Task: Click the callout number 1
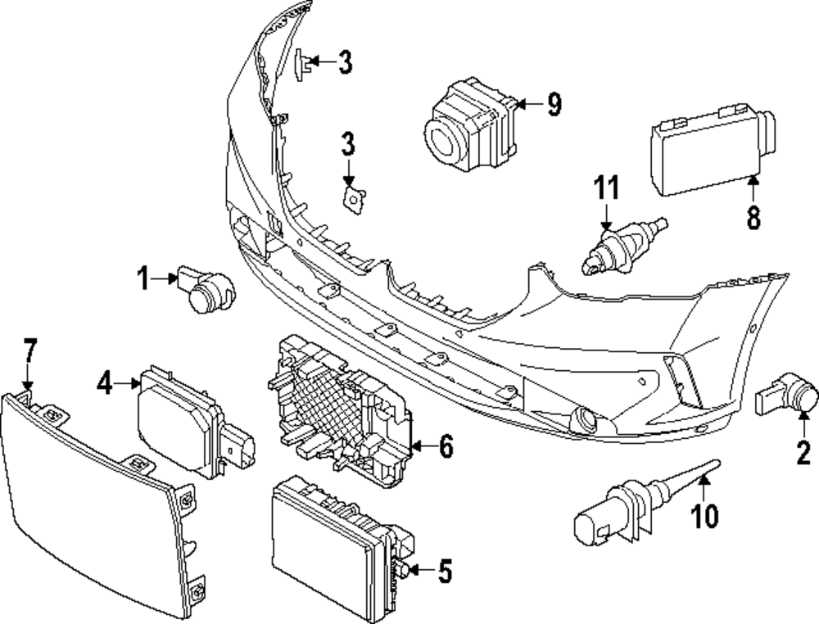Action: tap(144, 279)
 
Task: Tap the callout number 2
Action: tap(802, 450)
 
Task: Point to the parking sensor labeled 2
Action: tap(790, 400)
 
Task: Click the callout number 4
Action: tap(105, 382)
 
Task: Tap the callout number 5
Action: tap(444, 572)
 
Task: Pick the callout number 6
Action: tap(445, 446)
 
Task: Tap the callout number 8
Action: tap(753, 217)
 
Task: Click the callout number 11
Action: tap(606, 189)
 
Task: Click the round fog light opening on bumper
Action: tap(587, 420)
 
